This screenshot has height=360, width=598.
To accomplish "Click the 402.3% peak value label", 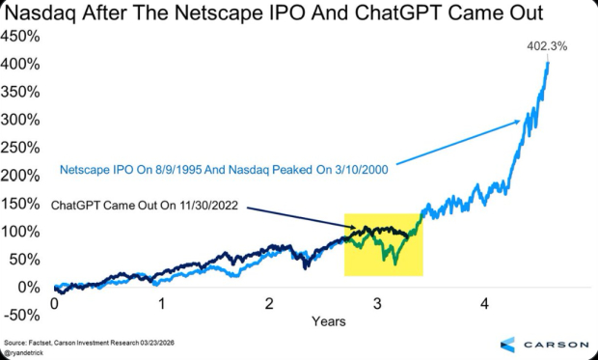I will pos(545,45).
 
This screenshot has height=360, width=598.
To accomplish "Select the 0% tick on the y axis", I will pos(25,288).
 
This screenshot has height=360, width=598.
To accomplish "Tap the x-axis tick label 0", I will pos(55,303).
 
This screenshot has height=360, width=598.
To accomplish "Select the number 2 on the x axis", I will pos(270,303).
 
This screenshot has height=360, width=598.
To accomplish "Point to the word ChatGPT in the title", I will pos(411,14).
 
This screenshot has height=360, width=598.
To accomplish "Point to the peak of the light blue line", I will pos(548,61).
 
